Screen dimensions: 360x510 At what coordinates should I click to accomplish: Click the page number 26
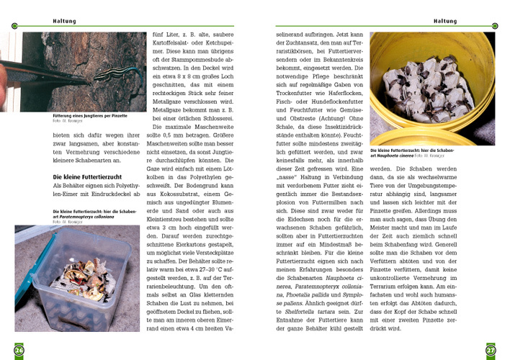(19, 350)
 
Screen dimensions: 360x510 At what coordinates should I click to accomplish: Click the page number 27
(491, 350)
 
